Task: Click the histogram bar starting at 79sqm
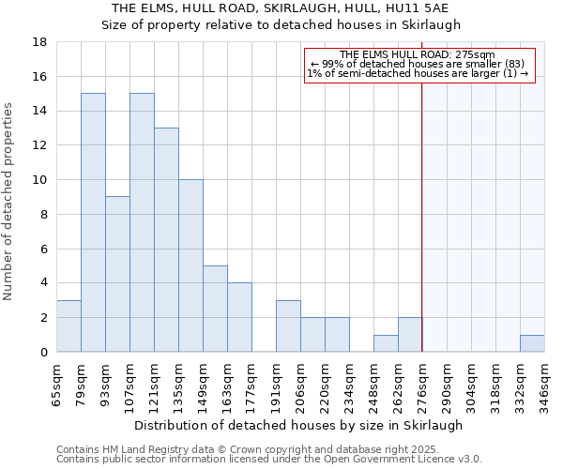coord(93,222)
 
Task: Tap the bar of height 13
coord(166,239)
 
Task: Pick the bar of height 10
coord(190,265)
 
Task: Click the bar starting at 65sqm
coord(68,325)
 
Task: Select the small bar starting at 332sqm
coord(532,343)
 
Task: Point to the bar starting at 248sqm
coord(386,343)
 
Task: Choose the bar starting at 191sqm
coord(288,325)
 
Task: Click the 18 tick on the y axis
coord(40,42)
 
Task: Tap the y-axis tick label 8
coord(43,215)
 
